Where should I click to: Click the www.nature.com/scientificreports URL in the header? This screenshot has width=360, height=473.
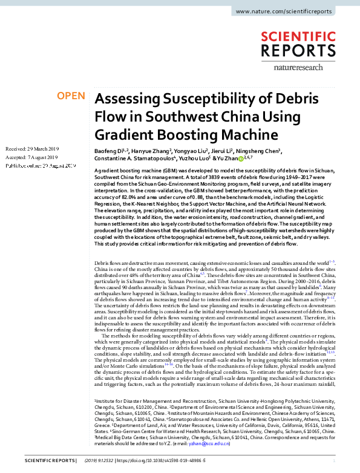[292, 11]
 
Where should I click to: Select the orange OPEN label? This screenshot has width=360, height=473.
[70, 96]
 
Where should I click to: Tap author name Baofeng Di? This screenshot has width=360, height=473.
[110, 151]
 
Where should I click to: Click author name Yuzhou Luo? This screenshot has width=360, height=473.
[192, 159]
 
